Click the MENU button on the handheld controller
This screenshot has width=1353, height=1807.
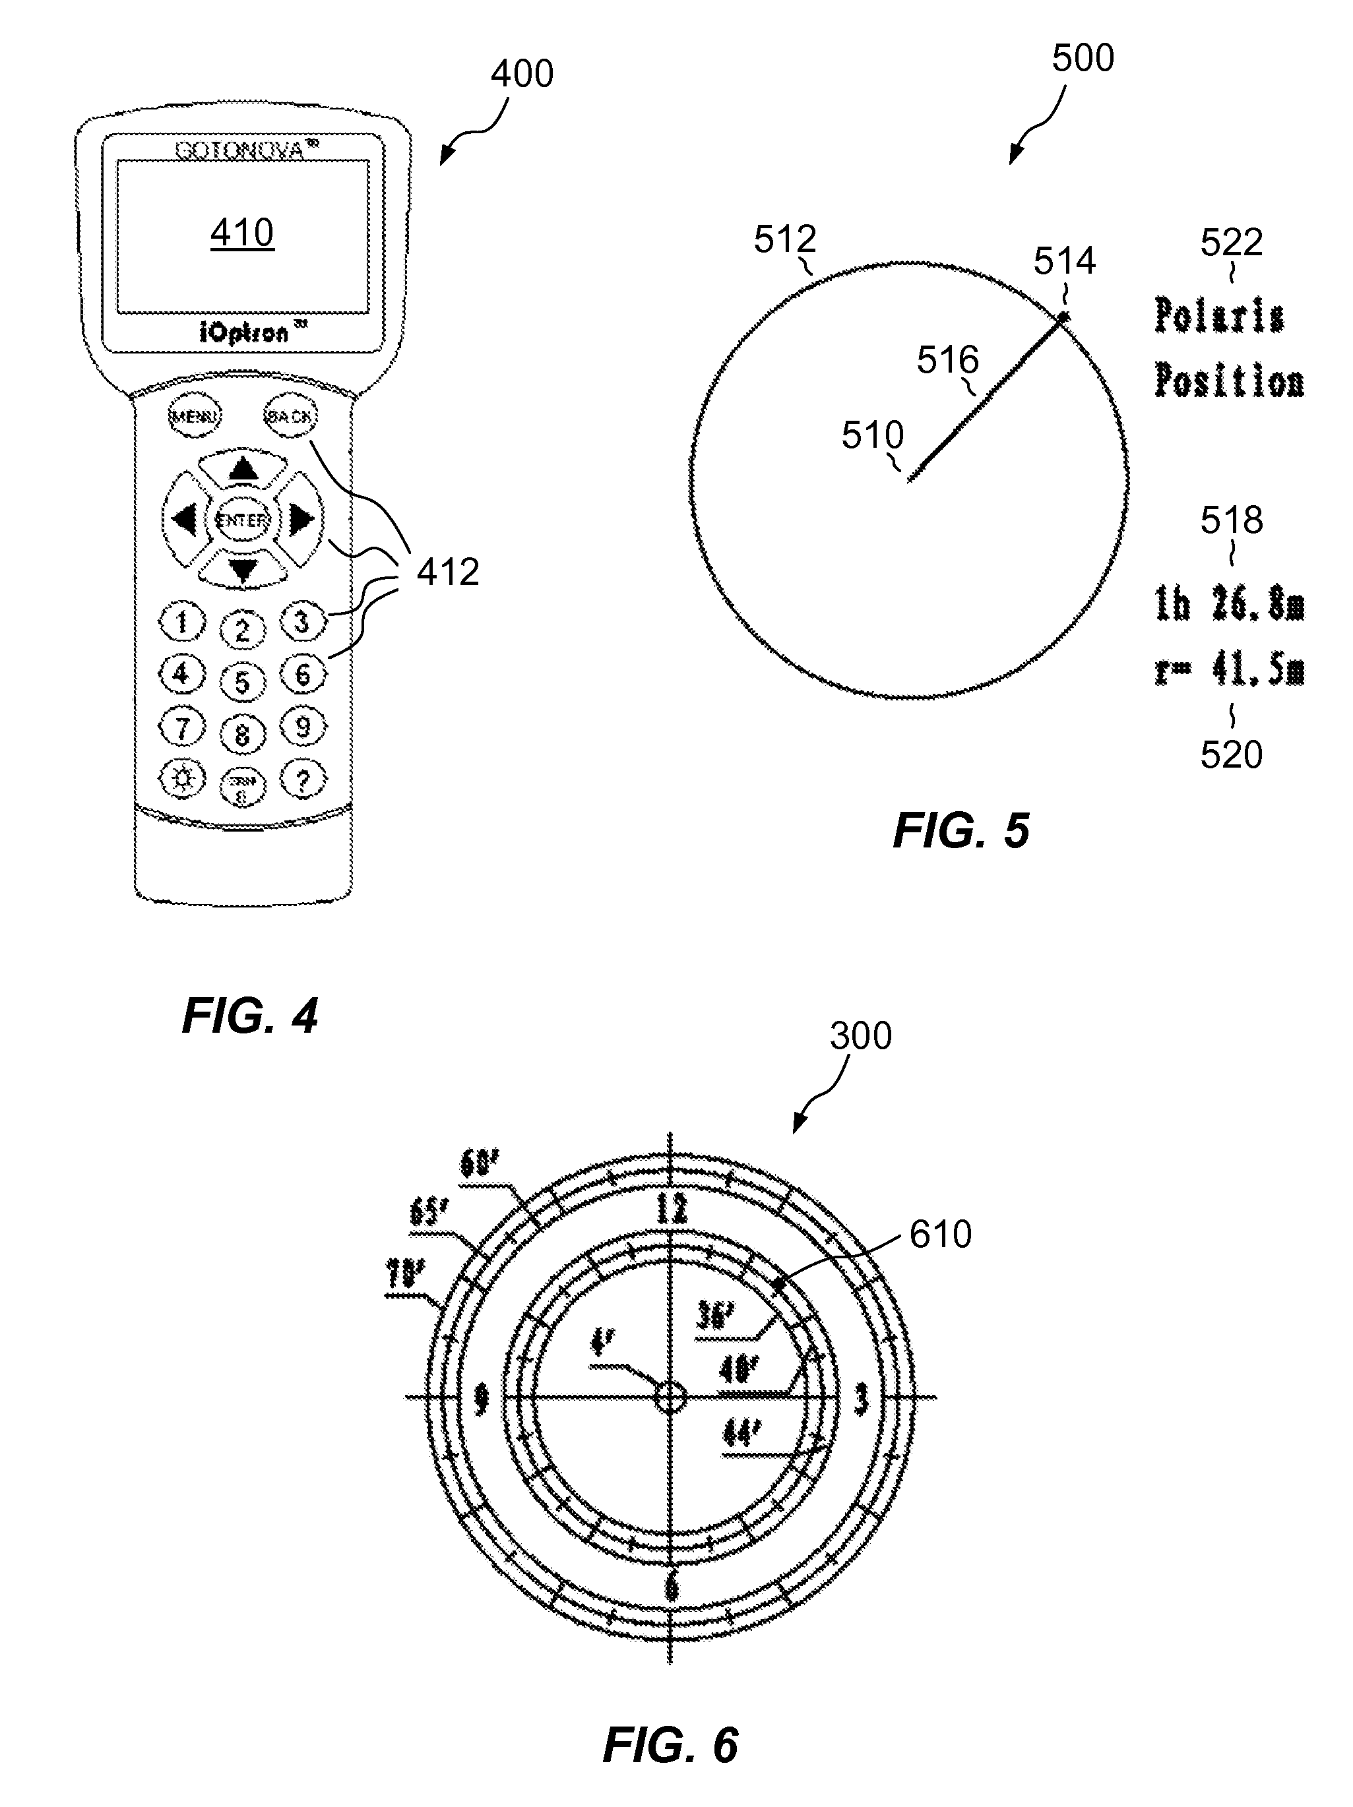[195, 417]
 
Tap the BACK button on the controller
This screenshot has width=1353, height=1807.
[290, 417]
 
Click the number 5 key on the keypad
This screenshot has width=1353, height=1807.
[242, 681]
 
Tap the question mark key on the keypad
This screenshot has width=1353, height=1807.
[303, 781]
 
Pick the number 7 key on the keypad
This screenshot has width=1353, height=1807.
[182, 727]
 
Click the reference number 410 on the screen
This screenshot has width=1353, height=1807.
[242, 233]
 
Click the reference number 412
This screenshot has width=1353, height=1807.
[448, 572]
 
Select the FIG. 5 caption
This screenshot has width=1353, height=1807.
[961, 831]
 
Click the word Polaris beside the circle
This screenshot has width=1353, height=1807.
[1219, 316]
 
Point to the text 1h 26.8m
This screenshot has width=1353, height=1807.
[1229, 605]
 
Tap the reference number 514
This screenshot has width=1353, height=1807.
[1064, 261]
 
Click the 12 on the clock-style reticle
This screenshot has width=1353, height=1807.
[671, 1209]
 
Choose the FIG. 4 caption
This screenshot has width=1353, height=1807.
[250, 1016]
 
